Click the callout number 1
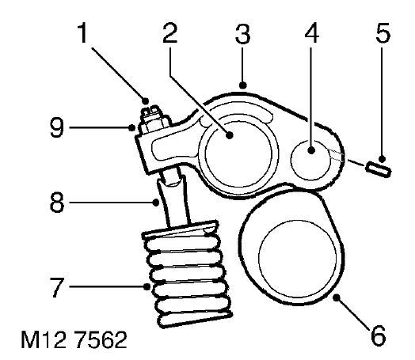(83, 32)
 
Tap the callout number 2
(170, 32)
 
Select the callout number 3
(242, 33)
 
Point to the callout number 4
(312, 32)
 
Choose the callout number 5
(383, 32)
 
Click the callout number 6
(378, 335)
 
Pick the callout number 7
(57, 287)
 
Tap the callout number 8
(57, 203)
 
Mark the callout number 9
(57, 128)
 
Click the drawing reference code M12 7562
(74, 339)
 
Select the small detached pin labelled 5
(379, 169)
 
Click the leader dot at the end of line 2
(230, 135)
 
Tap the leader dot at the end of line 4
(311, 150)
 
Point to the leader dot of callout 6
(337, 297)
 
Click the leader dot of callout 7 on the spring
(147, 286)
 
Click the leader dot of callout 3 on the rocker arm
(242, 85)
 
